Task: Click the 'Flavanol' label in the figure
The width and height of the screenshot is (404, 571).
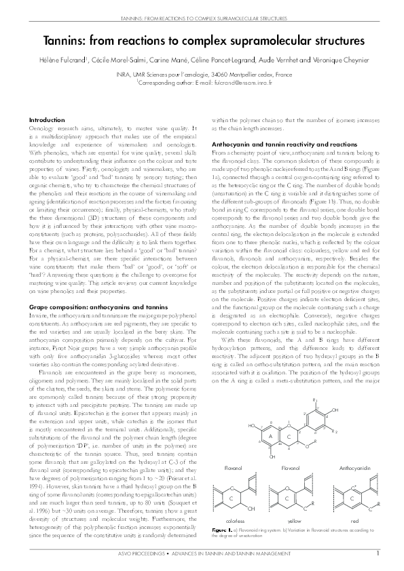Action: click(234, 467)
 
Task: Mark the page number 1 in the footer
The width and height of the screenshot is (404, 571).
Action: click(377, 553)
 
